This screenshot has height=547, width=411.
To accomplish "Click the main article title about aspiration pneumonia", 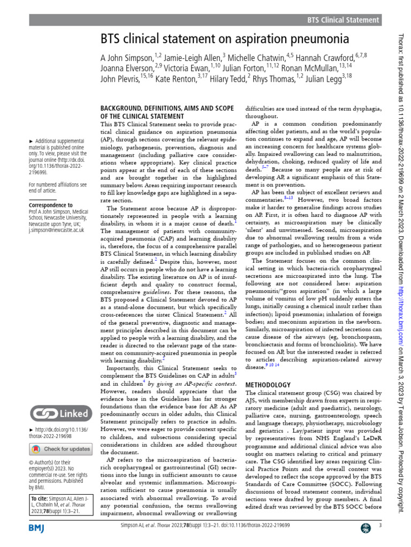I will tap(225, 39).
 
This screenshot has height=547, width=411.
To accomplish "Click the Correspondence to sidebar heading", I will tap(50, 205).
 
